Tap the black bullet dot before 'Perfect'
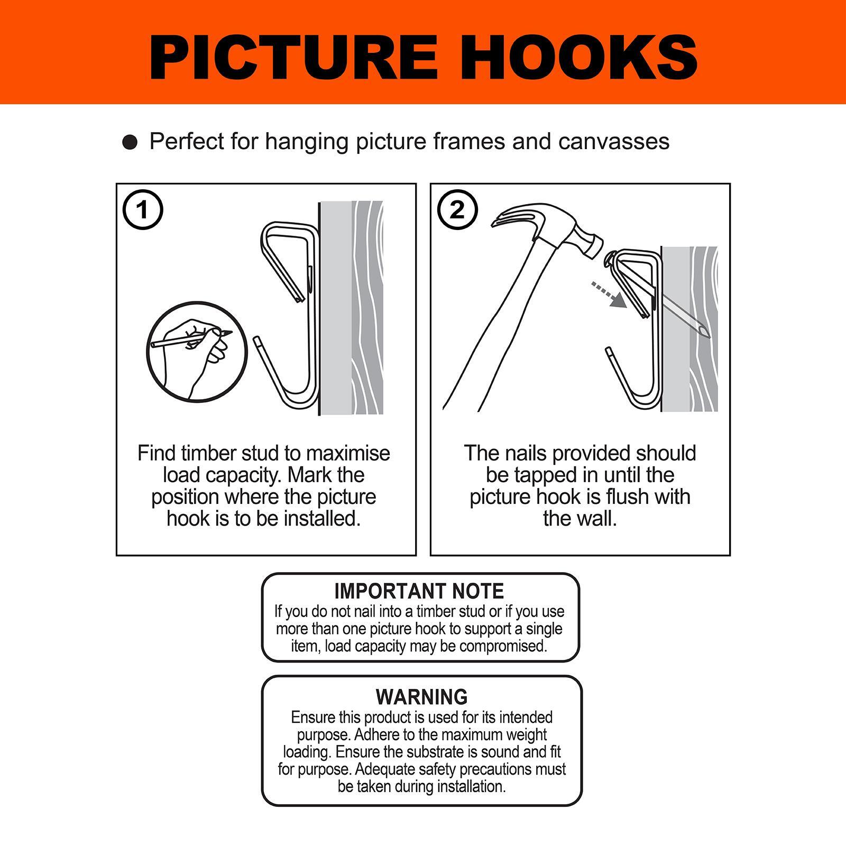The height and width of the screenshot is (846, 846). pyautogui.click(x=130, y=143)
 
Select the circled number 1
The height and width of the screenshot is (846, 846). pyautogui.click(x=143, y=210)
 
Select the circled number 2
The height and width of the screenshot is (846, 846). pyautogui.click(x=457, y=210)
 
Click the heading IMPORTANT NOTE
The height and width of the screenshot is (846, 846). pyautogui.click(x=419, y=591)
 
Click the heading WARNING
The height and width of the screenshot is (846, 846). pyautogui.click(x=422, y=697)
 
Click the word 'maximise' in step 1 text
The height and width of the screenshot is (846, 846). pyautogui.click(x=348, y=454)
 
